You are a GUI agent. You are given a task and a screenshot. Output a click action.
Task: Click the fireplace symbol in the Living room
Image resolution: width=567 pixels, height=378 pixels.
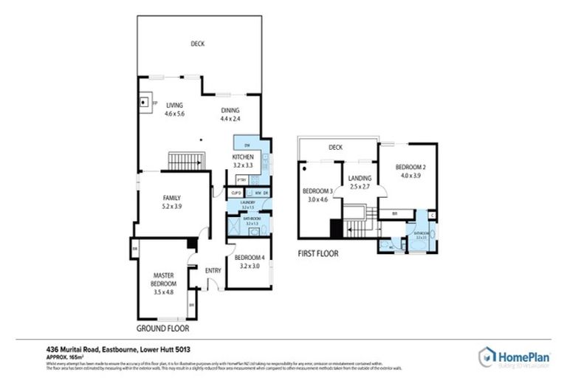pos(145,103)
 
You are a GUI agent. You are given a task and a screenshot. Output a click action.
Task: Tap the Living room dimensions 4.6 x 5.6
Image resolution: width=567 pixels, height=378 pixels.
pos(174,115)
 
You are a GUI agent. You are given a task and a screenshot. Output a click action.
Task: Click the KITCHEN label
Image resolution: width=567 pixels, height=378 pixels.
pos(244,157)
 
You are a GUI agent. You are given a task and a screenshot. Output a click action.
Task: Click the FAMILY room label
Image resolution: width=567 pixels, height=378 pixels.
pos(171,197)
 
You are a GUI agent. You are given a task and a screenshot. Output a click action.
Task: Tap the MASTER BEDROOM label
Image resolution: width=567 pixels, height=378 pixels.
pos(165,279)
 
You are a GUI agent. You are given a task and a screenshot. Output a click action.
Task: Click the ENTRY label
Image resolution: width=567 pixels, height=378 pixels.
pos(213,270)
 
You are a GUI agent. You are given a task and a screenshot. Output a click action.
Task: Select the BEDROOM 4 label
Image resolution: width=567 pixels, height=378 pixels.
pos(248,258)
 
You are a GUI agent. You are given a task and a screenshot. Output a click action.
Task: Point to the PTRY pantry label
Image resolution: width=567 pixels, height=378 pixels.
pos(241,179)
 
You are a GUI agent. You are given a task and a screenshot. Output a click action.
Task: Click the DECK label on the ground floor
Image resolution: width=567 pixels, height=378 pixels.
pos(197,44)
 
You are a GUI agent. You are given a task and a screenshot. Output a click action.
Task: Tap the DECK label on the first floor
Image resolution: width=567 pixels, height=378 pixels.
pos(336,148)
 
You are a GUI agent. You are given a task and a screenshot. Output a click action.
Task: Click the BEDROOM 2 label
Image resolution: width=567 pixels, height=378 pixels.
pos(410,166)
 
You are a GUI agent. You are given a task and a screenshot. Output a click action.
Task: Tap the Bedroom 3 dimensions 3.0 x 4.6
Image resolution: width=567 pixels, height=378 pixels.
pos(318,199)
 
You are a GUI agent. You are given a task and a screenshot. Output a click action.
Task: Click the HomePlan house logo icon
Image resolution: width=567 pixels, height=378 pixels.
pos(487,356)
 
